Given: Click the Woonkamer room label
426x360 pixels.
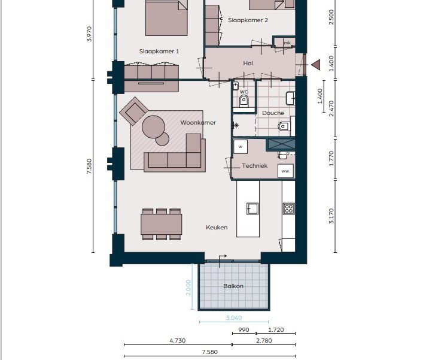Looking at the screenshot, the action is tap(198, 123).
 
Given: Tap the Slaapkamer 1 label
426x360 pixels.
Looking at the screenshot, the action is tap(159, 51).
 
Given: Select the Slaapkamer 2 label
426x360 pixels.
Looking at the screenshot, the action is tap(248, 20).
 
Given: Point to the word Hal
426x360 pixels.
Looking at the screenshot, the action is tap(248, 63).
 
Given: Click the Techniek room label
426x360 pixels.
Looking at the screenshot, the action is tap(254, 165).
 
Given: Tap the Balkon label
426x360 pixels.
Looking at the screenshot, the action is tap(233, 286).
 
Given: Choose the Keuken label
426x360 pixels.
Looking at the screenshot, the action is tap(217, 227).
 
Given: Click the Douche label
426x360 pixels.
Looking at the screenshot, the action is tap(273, 113).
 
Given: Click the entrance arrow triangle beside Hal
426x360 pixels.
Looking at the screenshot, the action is tap(316, 65).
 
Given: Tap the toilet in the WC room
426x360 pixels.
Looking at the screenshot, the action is tap(244, 101).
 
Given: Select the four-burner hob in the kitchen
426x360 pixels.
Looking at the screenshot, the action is tap(288, 208).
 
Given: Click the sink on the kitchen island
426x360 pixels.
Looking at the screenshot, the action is tap(252, 208).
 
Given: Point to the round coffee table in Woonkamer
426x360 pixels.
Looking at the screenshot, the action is tap(154, 127).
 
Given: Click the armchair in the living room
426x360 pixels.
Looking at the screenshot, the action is tap(133, 111).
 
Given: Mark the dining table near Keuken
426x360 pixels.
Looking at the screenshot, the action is tap(162, 224).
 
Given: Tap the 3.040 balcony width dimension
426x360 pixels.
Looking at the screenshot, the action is tap(234, 317).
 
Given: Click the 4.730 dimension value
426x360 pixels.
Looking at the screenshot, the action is tap(178, 340).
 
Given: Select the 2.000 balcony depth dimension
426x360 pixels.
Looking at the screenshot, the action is tap(188, 288).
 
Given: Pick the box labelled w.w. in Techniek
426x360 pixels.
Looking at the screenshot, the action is tap(285, 171).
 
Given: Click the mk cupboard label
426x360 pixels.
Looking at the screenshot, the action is tap(287, 43).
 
